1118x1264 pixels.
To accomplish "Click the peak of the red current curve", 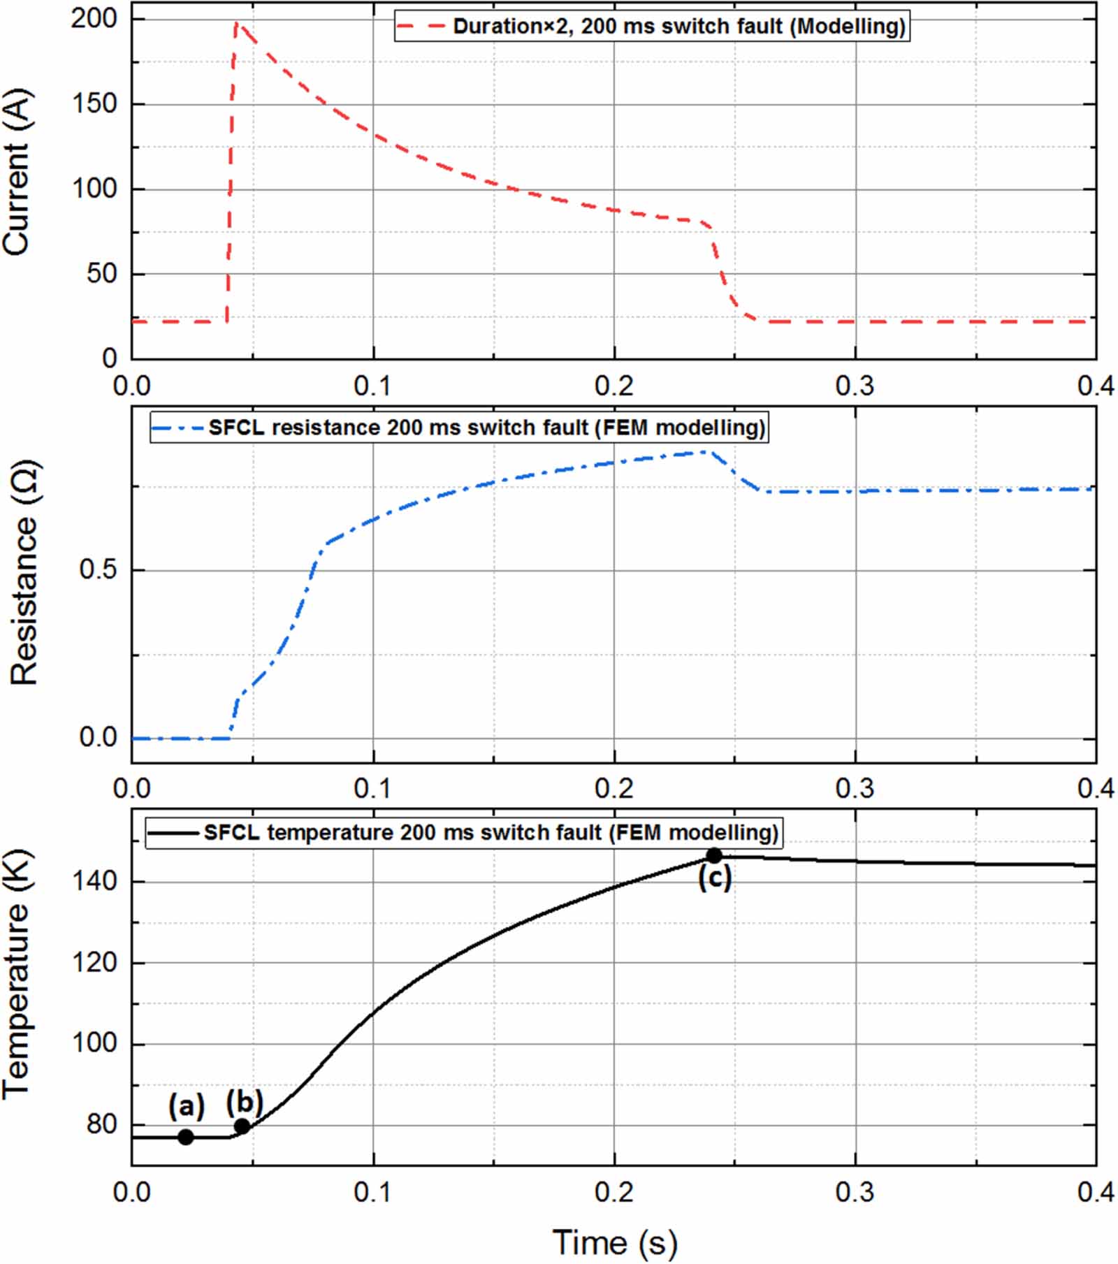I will point(237,24).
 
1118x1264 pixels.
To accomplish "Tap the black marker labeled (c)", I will point(714,855).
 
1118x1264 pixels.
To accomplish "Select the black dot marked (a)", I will point(185,1137).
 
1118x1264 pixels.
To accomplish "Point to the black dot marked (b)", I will point(242,1126).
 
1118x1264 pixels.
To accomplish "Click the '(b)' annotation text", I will point(244,1102).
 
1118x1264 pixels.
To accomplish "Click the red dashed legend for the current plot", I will point(651,27).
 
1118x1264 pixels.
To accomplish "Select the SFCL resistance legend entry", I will point(458,427).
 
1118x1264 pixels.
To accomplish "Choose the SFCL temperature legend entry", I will point(463,832).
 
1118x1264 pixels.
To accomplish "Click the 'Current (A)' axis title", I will point(17,171).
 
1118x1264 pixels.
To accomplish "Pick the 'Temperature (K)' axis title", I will point(17,974).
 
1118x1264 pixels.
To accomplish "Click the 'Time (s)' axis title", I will point(614,1242).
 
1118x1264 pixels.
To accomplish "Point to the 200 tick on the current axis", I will point(94,18).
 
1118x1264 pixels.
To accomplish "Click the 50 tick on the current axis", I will point(101,274).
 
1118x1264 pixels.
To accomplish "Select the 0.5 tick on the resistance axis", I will point(98,569).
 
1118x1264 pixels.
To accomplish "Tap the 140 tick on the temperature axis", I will point(94,881).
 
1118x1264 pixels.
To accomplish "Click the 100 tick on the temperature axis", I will point(94,1043).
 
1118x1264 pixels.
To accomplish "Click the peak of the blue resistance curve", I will point(707,452).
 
